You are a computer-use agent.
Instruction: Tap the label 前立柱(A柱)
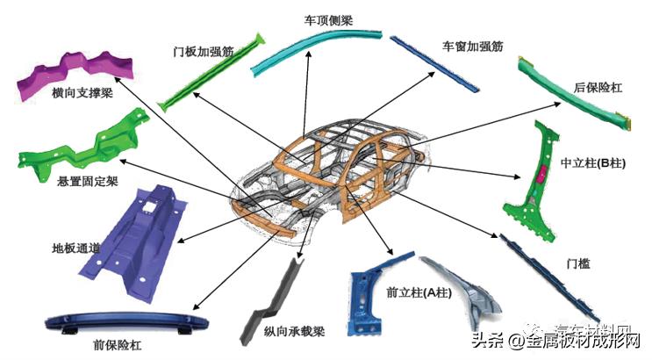coord(418,293)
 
